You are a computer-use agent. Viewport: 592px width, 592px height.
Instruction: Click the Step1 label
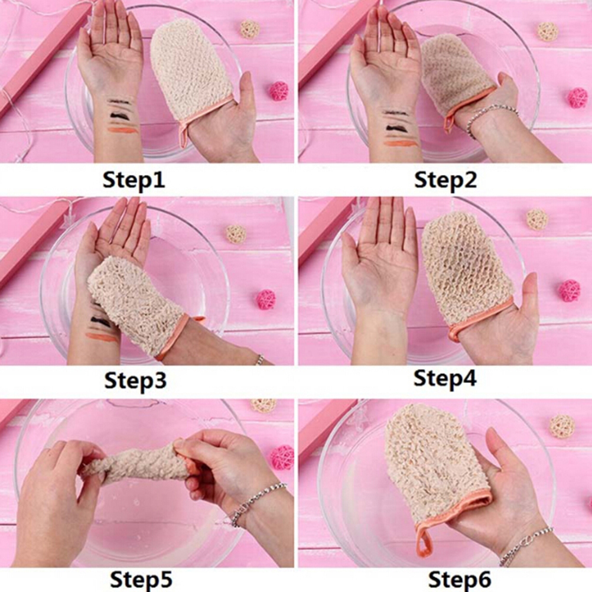pos(134,180)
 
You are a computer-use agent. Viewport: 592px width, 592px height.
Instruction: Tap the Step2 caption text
pos(445,180)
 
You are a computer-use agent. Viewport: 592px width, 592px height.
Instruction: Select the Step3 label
pos(135,380)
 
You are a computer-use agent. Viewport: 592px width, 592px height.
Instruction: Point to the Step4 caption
pos(445,378)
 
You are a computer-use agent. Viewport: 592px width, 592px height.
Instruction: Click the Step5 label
pos(141,579)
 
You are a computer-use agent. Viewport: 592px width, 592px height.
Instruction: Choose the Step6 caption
pos(460,579)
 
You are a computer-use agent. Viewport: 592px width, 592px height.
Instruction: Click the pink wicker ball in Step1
pos(279,91)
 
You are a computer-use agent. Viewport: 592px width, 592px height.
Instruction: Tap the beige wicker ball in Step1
pos(250,30)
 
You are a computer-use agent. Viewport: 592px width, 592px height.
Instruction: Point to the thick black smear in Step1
pos(122,115)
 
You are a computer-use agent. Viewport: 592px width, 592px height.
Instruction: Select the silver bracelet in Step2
pos(492,116)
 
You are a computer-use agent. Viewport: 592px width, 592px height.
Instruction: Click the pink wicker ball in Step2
pos(577,98)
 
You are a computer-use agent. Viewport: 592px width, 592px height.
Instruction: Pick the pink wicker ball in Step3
pos(266,300)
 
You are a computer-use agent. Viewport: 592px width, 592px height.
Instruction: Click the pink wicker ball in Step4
pos(570,291)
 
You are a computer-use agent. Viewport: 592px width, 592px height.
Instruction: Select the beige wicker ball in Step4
pos(537,219)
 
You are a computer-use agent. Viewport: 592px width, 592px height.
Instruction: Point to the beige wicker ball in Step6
pos(562,426)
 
